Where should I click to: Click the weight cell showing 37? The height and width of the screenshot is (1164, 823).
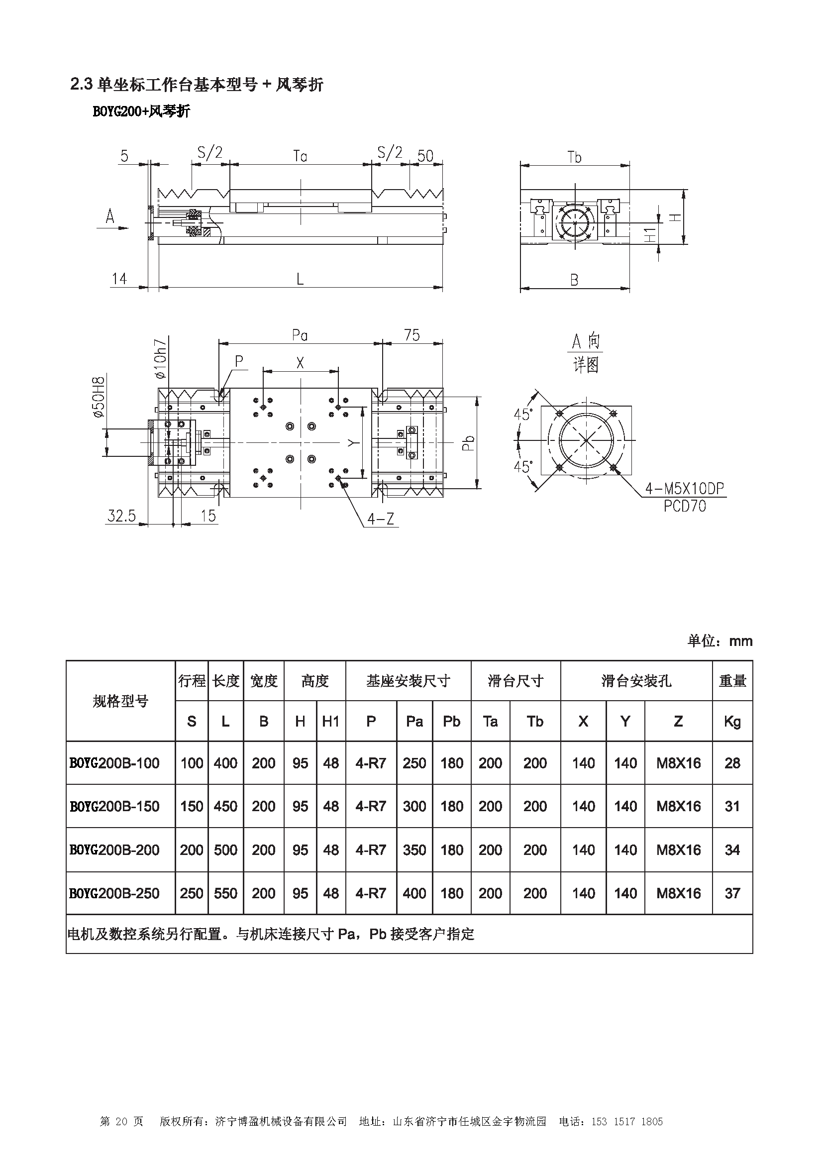tap(732, 893)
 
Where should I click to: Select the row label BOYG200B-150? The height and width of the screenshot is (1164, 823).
tap(114, 806)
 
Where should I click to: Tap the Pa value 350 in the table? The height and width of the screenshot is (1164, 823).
tap(414, 849)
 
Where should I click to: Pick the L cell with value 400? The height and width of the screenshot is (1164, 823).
tap(225, 763)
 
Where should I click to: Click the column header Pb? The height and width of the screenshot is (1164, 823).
tap(451, 722)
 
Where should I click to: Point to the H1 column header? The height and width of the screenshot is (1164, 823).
tap(330, 722)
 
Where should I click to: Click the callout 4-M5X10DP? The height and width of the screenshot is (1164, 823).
tap(684, 489)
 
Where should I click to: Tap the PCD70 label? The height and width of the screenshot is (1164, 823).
tap(684, 506)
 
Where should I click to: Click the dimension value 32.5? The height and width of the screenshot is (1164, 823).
tap(121, 516)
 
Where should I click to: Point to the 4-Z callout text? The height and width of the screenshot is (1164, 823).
tap(381, 519)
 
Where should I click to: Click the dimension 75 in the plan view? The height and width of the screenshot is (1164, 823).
tap(411, 335)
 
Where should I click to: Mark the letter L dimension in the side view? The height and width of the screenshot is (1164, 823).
tap(300, 279)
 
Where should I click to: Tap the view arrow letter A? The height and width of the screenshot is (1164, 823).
tap(110, 217)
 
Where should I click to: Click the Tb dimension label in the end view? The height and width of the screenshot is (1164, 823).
tap(574, 157)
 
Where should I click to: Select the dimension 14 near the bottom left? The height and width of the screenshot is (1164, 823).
tap(119, 279)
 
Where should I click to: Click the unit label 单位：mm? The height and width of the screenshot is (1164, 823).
tap(720, 641)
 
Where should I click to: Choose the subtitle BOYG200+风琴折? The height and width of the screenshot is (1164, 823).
tap(141, 111)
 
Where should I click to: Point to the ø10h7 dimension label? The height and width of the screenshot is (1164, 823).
tap(161, 358)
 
